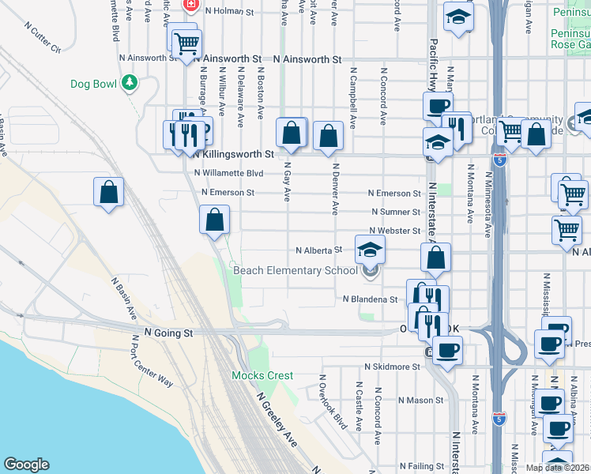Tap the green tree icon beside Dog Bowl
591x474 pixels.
pos(128,83)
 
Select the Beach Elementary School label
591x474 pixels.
pos(295,271)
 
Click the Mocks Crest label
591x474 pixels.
pos(262,375)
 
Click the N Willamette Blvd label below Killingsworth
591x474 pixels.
pos(228,173)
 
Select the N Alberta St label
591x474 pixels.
pos(318,250)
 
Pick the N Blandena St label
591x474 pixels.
pos(370,299)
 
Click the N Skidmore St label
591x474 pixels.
pos(392,367)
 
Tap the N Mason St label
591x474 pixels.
pos(416,401)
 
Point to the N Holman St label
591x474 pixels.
pos(228,12)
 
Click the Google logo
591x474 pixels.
pos(26,465)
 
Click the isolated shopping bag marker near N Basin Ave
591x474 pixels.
pos(108,192)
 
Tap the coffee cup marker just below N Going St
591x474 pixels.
pos(447,350)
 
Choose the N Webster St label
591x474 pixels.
pos(395,231)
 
